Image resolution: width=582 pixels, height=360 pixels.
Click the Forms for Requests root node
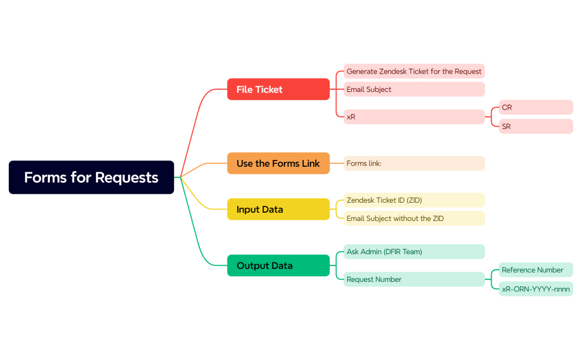(x=91, y=177)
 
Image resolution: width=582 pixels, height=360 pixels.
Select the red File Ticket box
(x=278, y=89)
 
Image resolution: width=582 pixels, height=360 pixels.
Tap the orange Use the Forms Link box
(x=278, y=163)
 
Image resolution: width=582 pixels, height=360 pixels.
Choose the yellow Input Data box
(x=278, y=209)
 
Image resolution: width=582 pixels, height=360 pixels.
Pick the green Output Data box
(x=278, y=266)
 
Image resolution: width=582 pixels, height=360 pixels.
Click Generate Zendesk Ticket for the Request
(x=414, y=71)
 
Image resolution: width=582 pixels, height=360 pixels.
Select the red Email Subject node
(x=414, y=89)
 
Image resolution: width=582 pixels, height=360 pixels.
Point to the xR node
(x=414, y=117)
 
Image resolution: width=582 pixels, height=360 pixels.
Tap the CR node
(x=535, y=107)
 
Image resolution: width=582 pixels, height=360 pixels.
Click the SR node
(x=535, y=126)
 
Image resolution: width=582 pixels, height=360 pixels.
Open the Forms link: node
(x=414, y=163)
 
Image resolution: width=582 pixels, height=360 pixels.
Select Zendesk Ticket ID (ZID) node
(x=414, y=200)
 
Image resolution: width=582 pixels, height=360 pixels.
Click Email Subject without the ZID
(x=414, y=218)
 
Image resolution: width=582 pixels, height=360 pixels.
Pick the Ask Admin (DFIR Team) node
(x=414, y=252)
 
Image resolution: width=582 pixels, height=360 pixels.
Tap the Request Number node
(x=414, y=279)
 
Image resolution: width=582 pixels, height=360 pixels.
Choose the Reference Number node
(x=535, y=270)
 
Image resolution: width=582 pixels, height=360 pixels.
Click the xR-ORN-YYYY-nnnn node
(x=535, y=289)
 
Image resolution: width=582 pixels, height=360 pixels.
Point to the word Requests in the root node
(x=126, y=177)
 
